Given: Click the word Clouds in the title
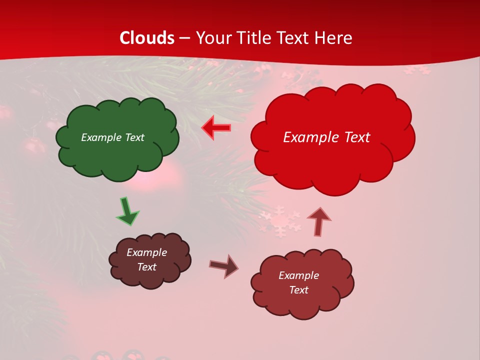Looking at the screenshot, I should (x=147, y=38).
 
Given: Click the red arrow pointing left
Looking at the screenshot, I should (x=216, y=128).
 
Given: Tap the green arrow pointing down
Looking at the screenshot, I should (x=127, y=211).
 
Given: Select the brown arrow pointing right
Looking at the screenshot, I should (x=224, y=265).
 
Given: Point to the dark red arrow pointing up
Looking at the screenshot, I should (x=319, y=221).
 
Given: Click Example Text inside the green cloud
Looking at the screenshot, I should (x=112, y=137).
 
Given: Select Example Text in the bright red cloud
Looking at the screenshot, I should (x=326, y=137).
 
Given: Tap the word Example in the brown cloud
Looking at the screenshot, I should (x=146, y=252).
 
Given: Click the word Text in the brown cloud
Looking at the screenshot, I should (x=146, y=267).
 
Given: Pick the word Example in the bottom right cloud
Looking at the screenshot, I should (x=298, y=275).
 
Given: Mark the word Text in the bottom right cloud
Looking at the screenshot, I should (x=298, y=290).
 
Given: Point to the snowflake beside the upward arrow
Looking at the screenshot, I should (x=280, y=222).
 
